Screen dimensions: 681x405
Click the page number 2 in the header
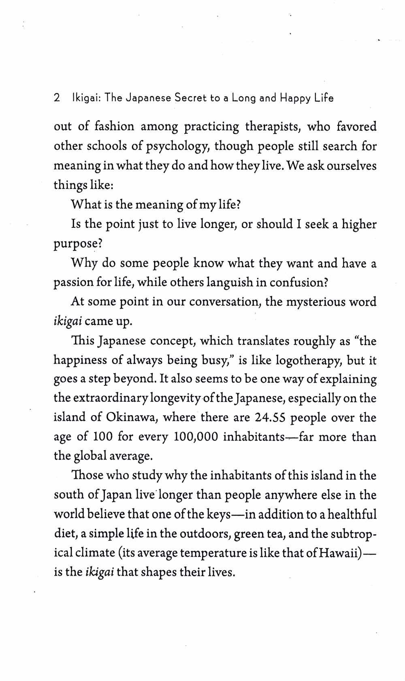57,98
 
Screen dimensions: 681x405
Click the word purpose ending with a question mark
77,244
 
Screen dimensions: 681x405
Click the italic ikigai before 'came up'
68,321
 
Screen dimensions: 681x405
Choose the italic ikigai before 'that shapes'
100,573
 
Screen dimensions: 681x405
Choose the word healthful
352,514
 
